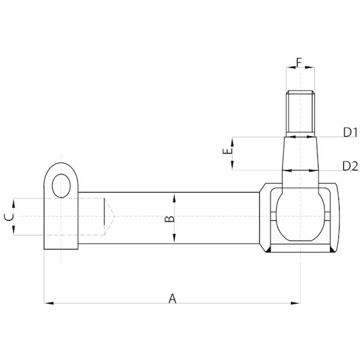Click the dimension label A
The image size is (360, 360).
pos(172,298)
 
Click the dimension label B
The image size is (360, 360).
pos(170,219)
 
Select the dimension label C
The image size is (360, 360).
pos(9,217)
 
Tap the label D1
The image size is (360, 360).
pos(350,133)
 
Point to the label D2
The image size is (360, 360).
pos(350,166)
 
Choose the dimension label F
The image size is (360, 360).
pos(299,62)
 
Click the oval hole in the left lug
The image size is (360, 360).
pos(61,186)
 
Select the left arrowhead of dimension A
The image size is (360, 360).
pos(49,303)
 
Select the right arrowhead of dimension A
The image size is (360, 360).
pos(295,303)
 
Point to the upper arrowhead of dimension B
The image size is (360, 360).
pos(174,197)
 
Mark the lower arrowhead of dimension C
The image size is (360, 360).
pos(14,230)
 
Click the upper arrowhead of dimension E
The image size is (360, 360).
pos(232,142)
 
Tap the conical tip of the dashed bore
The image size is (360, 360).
pos(110,217)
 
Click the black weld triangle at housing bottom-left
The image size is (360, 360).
pos(268,250)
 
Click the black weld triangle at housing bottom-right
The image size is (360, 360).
pos(332,250)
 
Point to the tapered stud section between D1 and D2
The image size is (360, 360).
pos(301,154)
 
